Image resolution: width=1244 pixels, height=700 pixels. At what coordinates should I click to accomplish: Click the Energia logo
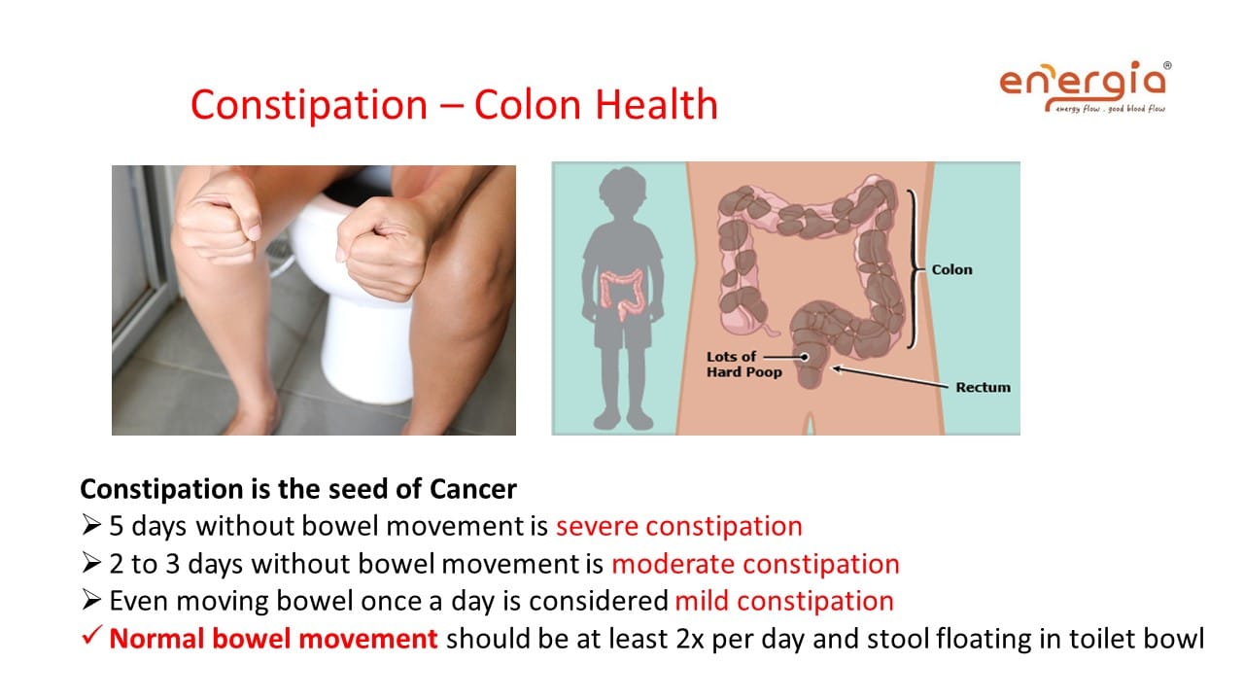[x=1086, y=87]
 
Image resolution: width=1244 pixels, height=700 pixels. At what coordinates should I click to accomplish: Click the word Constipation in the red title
[x=309, y=106]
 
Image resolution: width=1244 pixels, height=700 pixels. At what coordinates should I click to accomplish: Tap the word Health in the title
[x=656, y=104]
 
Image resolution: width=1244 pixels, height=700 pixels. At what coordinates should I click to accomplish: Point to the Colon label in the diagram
[x=951, y=270]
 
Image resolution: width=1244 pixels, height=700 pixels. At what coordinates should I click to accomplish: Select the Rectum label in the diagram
[x=983, y=387]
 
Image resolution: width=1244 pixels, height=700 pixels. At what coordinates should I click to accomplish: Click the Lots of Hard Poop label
[x=744, y=365]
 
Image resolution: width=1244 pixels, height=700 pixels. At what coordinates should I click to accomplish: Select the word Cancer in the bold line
[x=473, y=489]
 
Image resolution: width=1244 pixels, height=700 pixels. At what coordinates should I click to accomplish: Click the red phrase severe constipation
[x=679, y=527]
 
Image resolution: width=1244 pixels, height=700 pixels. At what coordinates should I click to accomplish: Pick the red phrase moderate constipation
[x=755, y=565]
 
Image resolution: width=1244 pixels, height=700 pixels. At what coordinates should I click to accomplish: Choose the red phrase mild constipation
[x=784, y=602]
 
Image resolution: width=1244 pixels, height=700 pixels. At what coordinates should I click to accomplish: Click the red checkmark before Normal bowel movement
[x=91, y=635]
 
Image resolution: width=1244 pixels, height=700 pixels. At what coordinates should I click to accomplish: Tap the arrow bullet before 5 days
[x=91, y=525]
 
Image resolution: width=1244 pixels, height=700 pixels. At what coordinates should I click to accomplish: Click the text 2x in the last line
[x=690, y=639]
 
